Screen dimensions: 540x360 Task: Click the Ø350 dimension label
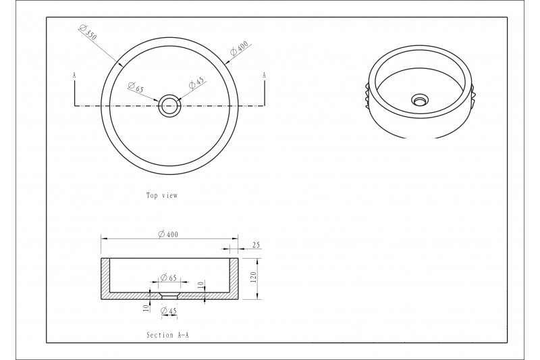pos(88,32)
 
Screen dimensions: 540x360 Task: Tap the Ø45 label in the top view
pos(196,82)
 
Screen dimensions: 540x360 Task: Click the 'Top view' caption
pos(162,195)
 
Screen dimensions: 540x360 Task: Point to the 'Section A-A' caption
pos(167,335)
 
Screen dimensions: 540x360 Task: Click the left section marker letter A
pos(74,75)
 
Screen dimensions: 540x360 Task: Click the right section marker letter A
pos(264,75)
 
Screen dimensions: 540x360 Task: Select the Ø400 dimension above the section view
pos(168,234)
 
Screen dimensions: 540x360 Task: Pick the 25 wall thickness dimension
pos(256,245)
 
